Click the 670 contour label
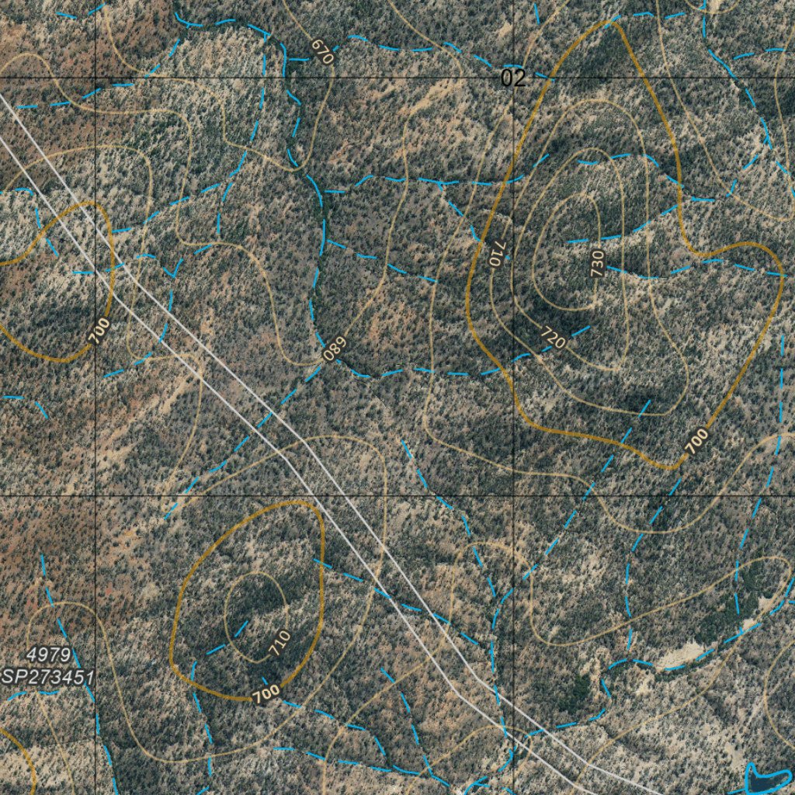point(321,51)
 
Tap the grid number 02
point(512,78)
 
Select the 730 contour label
point(596,264)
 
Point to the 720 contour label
point(553,337)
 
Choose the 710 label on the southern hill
point(279,643)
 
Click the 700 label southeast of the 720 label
point(696,440)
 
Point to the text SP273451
point(48,677)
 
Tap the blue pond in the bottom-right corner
point(767,779)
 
